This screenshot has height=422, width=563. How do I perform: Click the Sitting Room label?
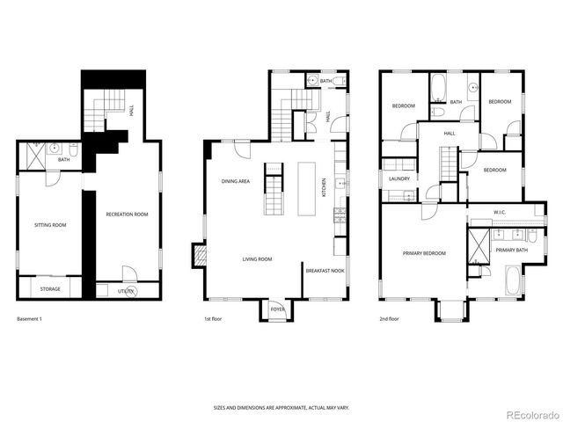pyautogui.click(x=50, y=225)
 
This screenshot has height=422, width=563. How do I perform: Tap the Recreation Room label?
pyautogui.click(x=127, y=215)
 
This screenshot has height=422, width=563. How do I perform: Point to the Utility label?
pyautogui.click(x=126, y=290)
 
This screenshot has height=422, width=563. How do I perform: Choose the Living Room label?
pyautogui.click(x=258, y=259)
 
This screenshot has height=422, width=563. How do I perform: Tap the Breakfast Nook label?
pyautogui.click(x=325, y=272)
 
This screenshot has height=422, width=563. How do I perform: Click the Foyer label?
pyautogui.click(x=277, y=309)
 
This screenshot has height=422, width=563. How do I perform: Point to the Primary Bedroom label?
pyautogui.click(x=424, y=253)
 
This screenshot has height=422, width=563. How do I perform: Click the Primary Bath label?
pyautogui.click(x=511, y=251)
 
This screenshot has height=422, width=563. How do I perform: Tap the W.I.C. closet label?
pyautogui.click(x=499, y=212)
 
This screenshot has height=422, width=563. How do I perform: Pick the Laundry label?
pyautogui.click(x=399, y=179)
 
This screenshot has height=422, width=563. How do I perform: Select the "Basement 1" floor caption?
pyautogui.click(x=28, y=318)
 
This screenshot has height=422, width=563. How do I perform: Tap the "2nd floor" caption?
pyautogui.click(x=389, y=318)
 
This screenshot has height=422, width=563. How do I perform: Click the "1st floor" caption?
pyautogui.click(x=212, y=318)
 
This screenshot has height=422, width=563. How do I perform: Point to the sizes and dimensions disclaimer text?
pyautogui.click(x=281, y=407)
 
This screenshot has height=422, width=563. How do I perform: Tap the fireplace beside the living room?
pyautogui.click(x=198, y=256)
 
